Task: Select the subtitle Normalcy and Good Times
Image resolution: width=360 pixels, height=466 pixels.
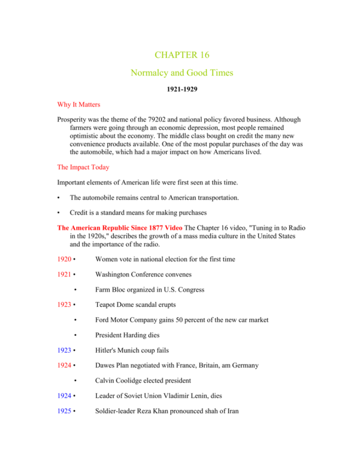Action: [x=181, y=73]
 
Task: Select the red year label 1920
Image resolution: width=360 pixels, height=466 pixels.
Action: [x=65, y=259]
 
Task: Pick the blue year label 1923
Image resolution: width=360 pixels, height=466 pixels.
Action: [x=65, y=350]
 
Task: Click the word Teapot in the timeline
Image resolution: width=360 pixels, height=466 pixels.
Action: [x=106, y=305]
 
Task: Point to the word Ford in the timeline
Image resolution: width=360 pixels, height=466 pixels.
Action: [x=103, y=320]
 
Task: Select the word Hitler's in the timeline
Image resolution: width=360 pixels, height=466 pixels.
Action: [x=107, y=350]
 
